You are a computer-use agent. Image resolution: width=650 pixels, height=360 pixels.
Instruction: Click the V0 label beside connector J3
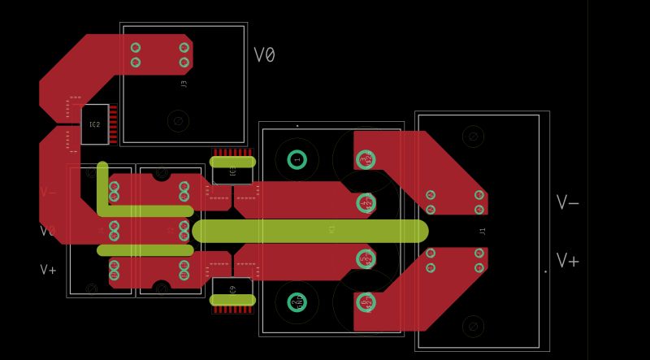click(x=264, y=55)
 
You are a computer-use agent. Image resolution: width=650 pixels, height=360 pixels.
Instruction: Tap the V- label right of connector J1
click(x=567, y=202)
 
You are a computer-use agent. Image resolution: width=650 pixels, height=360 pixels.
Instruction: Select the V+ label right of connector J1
click(x=567, y=261)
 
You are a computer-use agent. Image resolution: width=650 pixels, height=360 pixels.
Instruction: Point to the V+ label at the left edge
click(x=49, y=269)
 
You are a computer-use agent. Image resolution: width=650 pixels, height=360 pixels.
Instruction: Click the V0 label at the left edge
click(x=48, y=231)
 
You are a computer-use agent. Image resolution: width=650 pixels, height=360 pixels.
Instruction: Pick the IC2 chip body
click(x=94, y=124)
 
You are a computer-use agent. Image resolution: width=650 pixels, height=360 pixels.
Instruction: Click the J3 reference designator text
click(x=184, y=83)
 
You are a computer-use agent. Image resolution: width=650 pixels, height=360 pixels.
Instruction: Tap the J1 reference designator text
click(x=482, y=232)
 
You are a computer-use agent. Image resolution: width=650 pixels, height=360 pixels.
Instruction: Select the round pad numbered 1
click(x=297, y=160)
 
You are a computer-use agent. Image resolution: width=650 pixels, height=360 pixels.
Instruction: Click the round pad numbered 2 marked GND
click(x=297, y=303)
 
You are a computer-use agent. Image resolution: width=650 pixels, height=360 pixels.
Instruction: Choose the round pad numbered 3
click(x=365, y=158)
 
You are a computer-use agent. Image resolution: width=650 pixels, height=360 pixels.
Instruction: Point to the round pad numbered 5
click(x=365, y=259)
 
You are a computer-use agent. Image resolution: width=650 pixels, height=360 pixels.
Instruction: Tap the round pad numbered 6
click(x=365, y=302)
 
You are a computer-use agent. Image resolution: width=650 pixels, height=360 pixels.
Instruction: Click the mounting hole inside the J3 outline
click(x=177, y=121)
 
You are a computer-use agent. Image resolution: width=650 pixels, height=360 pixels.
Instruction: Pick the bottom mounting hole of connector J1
click(x=472, y=327)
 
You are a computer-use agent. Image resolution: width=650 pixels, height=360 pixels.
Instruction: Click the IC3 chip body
click(x=232, y=170)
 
